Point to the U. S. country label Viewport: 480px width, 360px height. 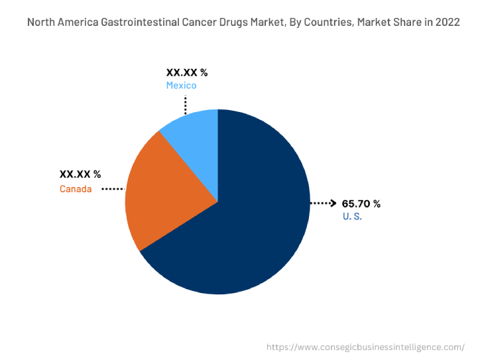352,217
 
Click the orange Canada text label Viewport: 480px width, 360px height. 76,190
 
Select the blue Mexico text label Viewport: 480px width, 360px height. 181,86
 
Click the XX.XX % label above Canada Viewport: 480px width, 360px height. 80,174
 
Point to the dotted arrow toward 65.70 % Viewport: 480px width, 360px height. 323,204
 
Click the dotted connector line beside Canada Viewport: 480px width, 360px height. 113,190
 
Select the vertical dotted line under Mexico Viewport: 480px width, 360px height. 186,105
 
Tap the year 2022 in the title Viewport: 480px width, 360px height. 448,23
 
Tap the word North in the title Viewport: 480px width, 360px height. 40,23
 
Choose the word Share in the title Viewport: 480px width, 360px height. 406,23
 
